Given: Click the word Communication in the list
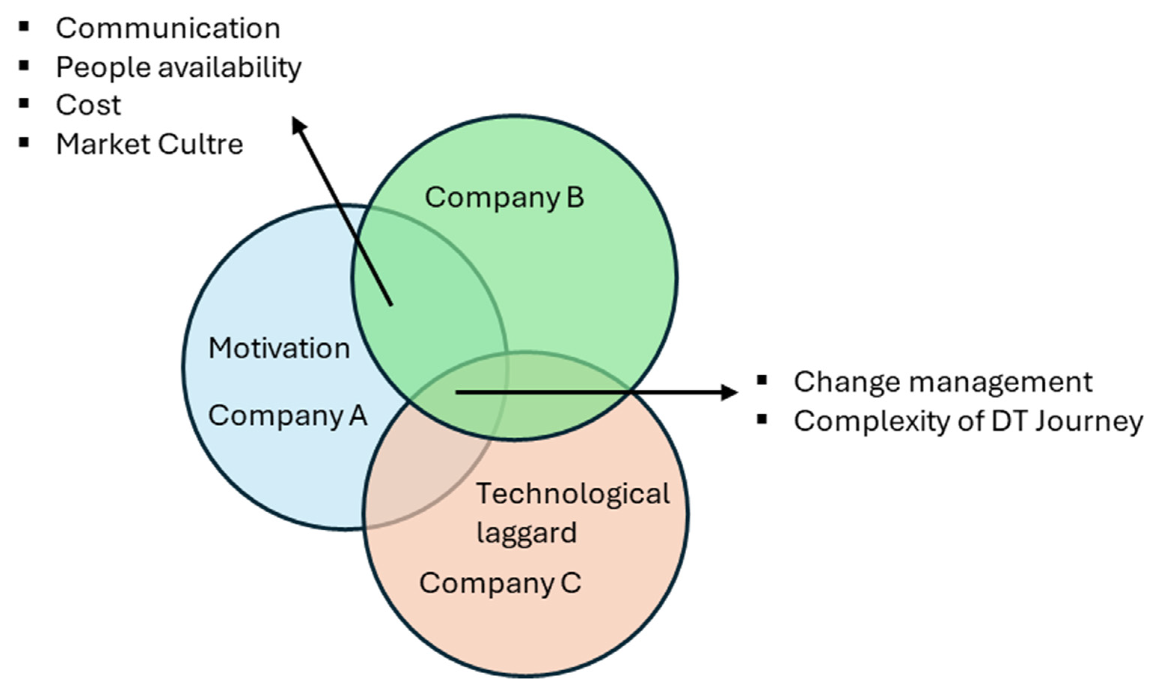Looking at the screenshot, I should pos(168,28).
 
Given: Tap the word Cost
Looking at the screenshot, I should pos(88,105).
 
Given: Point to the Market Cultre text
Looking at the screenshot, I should pos(149,144).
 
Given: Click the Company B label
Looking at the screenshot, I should pos(504,197).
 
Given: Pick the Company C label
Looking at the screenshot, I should pos(500,583).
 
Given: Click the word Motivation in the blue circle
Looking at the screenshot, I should pos(279,349).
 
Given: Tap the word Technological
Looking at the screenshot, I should pos(573,494).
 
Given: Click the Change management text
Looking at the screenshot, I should pos(943,382).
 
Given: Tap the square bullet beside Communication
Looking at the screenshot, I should pos(24,27).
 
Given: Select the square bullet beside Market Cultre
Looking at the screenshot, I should pos(24,142).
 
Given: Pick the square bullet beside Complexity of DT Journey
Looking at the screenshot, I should pos(762,419).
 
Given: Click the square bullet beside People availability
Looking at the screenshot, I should pos(24,65).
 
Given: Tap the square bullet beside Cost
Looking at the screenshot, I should pos(24,104).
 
